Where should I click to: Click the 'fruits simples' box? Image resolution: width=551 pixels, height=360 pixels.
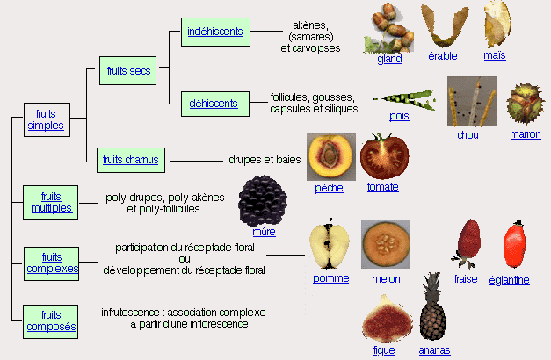(x=46, y=119)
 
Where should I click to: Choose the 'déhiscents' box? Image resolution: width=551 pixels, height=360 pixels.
(x=214, y=104)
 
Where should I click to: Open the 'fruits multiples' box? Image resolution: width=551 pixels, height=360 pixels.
(x=51, y=202)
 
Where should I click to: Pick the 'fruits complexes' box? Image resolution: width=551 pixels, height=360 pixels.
(x=51, y=263)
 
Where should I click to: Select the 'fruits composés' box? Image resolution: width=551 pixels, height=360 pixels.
(x=51, y=320)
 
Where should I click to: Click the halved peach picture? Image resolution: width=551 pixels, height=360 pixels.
(x=330, y=157)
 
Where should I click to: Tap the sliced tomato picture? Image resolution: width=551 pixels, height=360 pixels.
(x=384, y=157)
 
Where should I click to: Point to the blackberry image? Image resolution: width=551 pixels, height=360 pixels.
(x=263, y=200)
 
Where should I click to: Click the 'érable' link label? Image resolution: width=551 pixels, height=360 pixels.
(x=443, y=58)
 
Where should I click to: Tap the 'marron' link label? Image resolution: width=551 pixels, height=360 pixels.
(x=525, y=134)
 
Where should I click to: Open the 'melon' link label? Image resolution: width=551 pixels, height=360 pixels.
(x=386, y=279)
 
